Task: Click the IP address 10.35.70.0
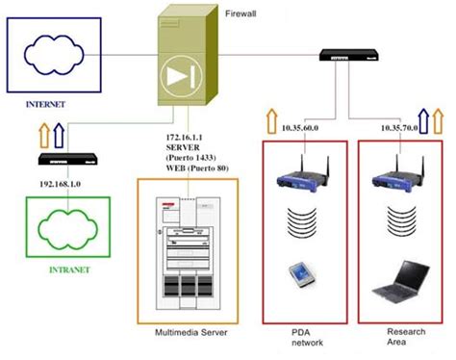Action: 397,126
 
